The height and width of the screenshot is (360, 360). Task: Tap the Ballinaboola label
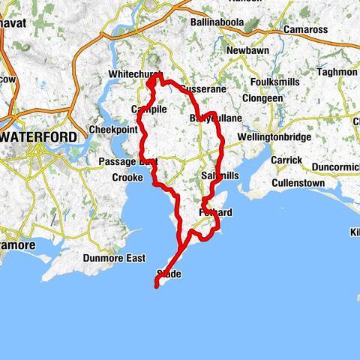[x=217, y=22]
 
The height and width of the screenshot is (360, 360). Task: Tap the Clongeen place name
[x=262, y=97]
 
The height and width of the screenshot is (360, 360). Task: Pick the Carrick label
[x=286, y=160]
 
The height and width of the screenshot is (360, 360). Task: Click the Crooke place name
[x=127, y=178]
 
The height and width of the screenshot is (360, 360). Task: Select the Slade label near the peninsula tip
[x=169, y=274]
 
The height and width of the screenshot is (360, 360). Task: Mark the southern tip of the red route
[x=156, y=285]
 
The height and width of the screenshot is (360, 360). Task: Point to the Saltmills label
[x=220, y=175]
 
